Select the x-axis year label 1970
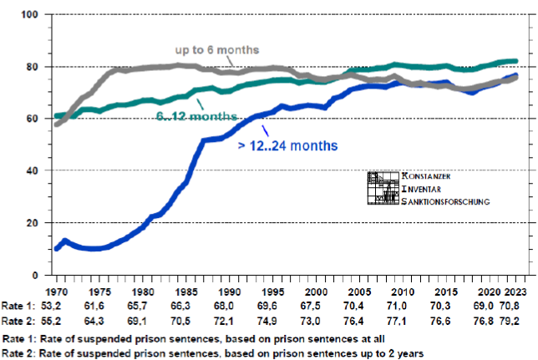pos(56,292)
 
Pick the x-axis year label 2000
pos(317,292)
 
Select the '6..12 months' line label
pos(195,114)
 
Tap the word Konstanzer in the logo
pos(434,177)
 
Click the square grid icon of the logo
pos(383,189)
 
